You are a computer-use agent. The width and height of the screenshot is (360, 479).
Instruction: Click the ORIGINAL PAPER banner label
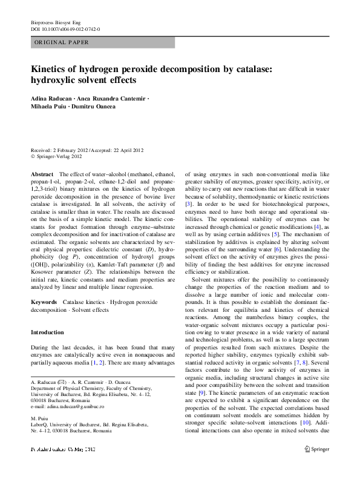[x=61, y=42]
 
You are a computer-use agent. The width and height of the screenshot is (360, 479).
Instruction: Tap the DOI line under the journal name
[x=65, y=28]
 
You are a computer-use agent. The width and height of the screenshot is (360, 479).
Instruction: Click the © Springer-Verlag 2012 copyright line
[x=56, y=156]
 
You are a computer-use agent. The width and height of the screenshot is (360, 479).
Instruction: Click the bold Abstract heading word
[x=41, y=174]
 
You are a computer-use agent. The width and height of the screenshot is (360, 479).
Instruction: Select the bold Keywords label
[x=44, y=301]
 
